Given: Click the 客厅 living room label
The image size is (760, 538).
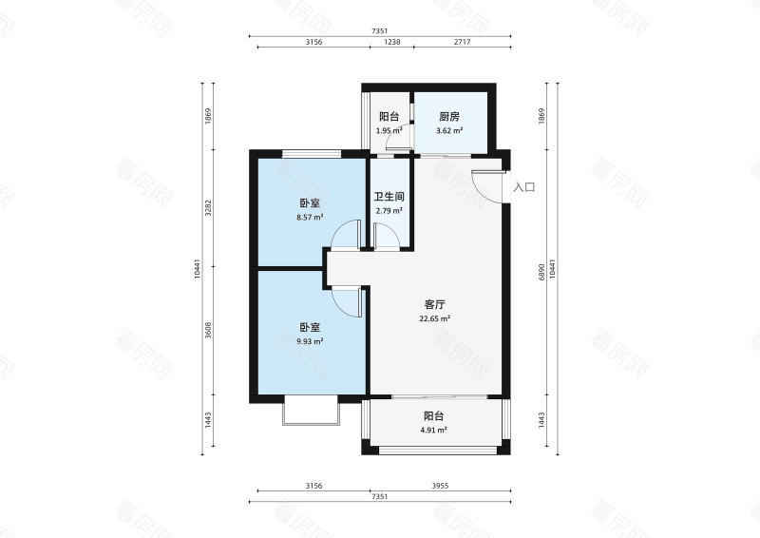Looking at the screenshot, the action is [434, 305].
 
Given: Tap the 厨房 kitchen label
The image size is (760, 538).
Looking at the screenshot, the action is [448, 116].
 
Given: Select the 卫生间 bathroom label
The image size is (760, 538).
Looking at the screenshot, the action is [389, 197].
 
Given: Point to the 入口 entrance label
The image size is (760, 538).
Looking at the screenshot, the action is [524, 187].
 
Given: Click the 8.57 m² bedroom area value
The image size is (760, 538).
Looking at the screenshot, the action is [310, 218].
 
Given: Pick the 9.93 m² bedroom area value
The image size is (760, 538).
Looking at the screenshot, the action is [310, 341].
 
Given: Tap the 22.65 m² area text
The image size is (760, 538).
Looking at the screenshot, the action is [435, 318].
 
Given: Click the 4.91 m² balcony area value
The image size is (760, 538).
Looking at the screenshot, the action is [434, 430].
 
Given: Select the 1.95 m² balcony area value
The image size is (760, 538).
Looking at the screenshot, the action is [389, 130].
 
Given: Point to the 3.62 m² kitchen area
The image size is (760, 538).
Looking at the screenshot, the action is [449, 130].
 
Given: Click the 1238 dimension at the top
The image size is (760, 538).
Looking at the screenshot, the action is [392, 42].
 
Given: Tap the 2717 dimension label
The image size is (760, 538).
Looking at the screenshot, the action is [462, 42].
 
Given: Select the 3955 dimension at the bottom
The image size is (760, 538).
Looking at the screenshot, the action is [440, 486].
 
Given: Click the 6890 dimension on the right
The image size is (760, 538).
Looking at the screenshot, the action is [541, 272].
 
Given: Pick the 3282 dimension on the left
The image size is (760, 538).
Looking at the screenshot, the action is [208, 207].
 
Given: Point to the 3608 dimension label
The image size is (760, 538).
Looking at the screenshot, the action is [208, 331].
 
